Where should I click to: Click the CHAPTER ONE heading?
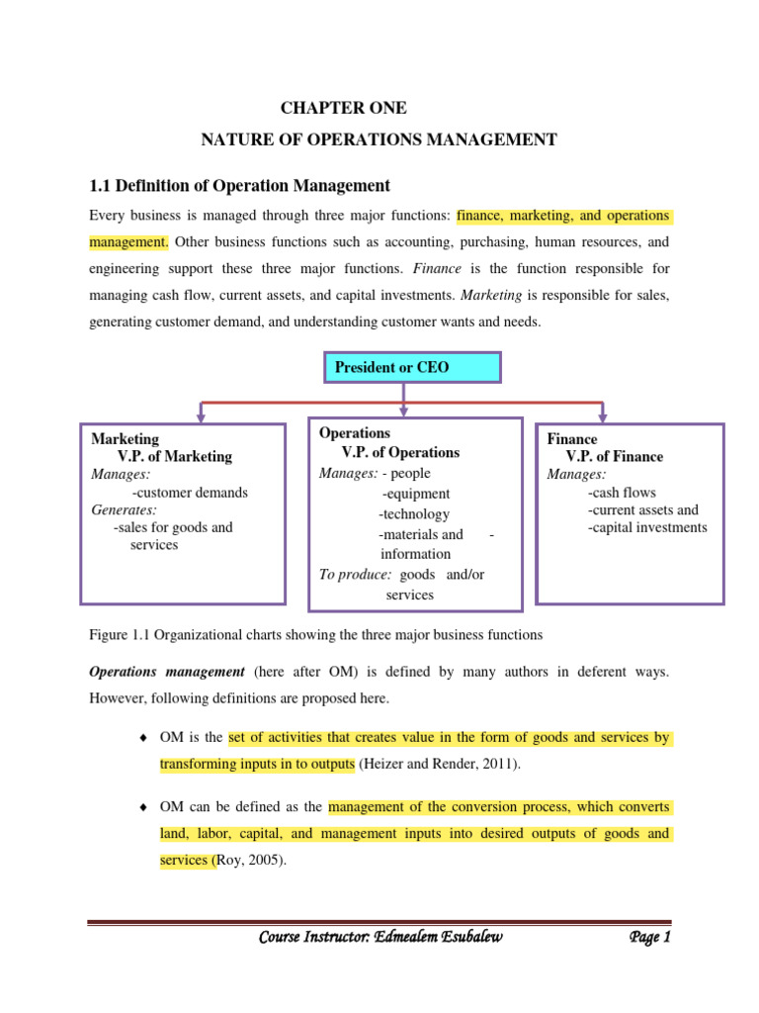(343, 108)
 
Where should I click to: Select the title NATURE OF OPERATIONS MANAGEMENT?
(379, 140)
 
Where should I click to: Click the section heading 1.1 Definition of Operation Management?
(240, 186)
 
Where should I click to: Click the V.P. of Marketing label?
(175, 456)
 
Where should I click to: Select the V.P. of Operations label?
(400, 452)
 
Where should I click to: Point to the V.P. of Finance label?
(614, 456)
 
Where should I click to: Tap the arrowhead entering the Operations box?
(402, 410)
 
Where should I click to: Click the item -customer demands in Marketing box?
(190, 492)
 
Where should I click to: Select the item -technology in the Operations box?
(414, 514)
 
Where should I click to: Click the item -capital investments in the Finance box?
(646, 527)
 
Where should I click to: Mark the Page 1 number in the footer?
(649, 938)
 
